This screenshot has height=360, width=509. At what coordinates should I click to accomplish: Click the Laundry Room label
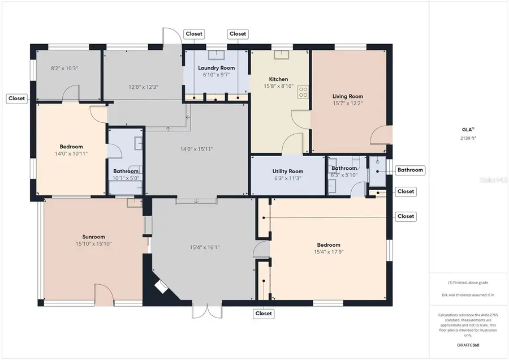click(x=217, y=68)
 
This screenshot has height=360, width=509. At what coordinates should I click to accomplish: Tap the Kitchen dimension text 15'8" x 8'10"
click(x=279, y=87)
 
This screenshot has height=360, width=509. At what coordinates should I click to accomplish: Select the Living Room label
click(x=347, y=96)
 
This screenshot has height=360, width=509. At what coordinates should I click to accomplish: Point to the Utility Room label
click(x=288, y=171)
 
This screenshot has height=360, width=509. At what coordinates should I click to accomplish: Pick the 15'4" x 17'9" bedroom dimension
click(x=328, y=252)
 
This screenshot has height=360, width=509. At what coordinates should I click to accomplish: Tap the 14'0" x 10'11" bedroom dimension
click(x=71, y=153)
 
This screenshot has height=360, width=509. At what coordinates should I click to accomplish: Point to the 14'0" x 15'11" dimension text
click(x=196, y=149)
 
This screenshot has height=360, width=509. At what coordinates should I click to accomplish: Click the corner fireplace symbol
click(x=163, y=286)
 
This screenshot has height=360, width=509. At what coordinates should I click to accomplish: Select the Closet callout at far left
click(x=16, y=98)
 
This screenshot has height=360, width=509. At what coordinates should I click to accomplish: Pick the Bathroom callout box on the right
click(x=409, y=170)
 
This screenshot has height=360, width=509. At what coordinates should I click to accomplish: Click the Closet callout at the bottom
click(x=264, y=313)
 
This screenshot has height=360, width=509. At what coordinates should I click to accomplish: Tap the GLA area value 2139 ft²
click(x=467, y=138)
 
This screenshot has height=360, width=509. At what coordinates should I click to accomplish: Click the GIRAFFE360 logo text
click(x=467, y=344)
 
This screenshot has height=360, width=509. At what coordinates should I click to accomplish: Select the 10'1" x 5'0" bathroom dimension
click(x=126, y=178)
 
